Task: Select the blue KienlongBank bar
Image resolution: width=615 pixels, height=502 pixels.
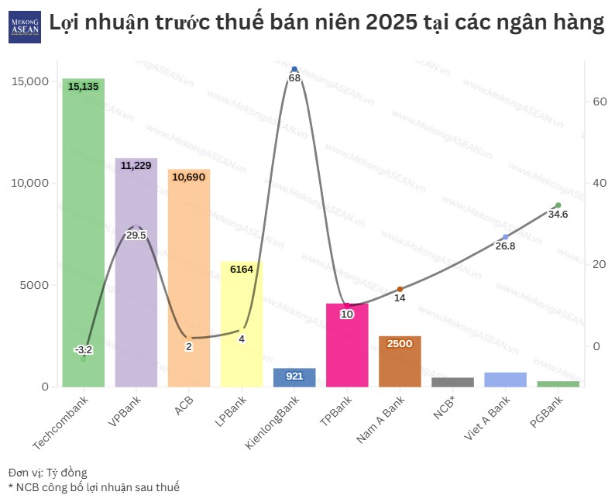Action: pyautogui.click(x=294, y=377)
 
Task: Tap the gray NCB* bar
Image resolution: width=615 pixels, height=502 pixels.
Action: pyautogui.click(x=452, y=381)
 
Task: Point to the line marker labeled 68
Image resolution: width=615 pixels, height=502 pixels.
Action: pyautogui.click(x=294, y=70)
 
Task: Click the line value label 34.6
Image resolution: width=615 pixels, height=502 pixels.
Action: pyautogui.click(x=558, y=215)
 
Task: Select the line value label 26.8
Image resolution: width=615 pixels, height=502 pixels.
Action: pyautogui.click(x=505, y=246)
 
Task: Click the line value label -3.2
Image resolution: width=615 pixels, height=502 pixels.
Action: pyautogui.click(x=83, y=349)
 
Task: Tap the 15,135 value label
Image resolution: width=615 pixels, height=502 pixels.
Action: pyautogui.click(x=83, y=87)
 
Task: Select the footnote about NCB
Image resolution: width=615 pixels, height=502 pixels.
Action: pyautogui.click(x=94, y=487)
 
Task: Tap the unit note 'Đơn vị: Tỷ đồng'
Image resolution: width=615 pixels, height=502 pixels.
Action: pyautogui.click(x=48, y=472)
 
